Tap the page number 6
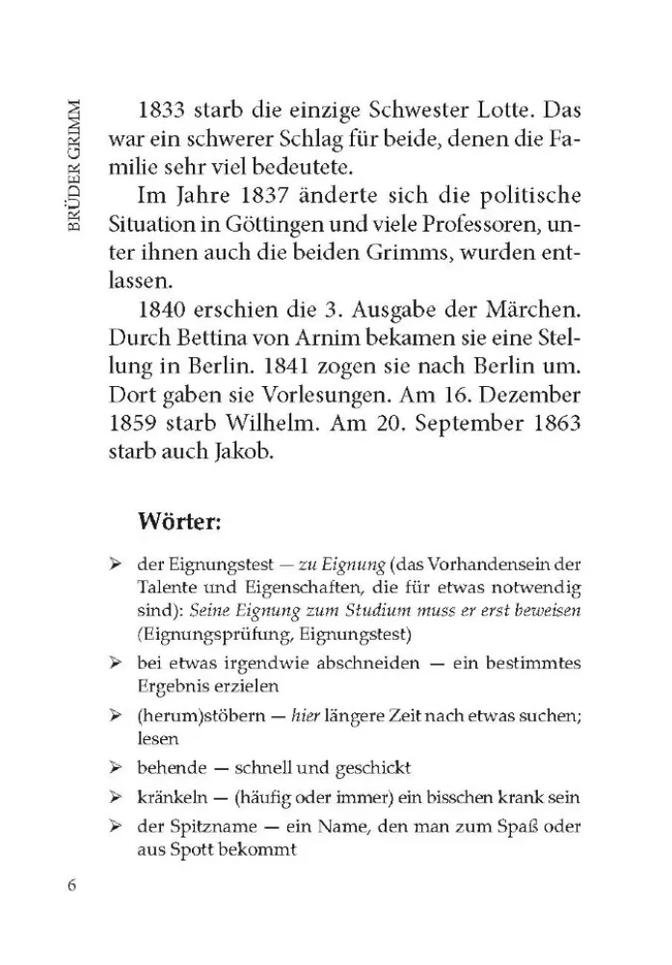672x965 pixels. click(x=71, y=888)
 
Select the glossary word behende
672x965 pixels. click(x=171, y=768)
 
